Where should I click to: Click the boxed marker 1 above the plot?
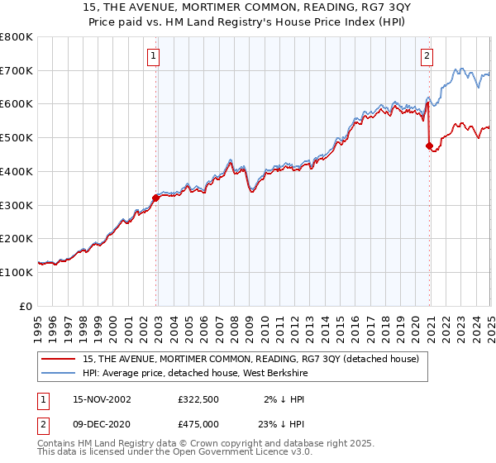click(x=155, y=56)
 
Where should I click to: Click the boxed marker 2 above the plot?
click(x=427, y=56)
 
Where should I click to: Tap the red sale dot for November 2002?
click(x=156, y=197)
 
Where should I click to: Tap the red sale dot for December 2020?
click(x=429, y=146)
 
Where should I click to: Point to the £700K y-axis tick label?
click(x=17, y=70)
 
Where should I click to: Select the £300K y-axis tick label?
click(x=17, y=205)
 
